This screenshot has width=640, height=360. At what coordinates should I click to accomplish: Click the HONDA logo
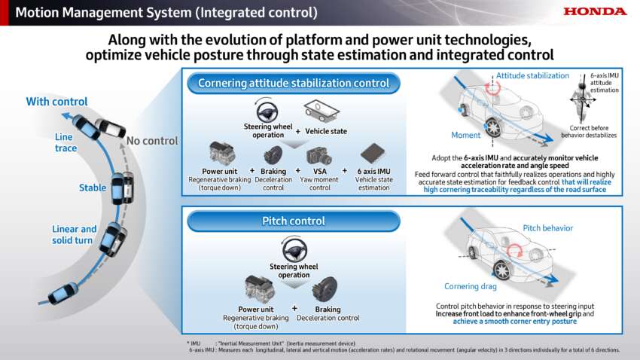pyautogui.click(x=595, y=11)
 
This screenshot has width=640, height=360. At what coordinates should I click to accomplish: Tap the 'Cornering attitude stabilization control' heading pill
pyautogui.click(x=294, y=83)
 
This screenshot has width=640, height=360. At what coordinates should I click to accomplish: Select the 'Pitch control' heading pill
pyautogui.click(x=294, y=221)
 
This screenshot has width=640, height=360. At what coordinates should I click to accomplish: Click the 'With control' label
pyautogui.click(x=56, y=102)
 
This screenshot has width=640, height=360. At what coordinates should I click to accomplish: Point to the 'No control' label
pyautogui.click(x=152, y=141)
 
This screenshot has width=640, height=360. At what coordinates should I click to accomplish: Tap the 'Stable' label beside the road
pyautogui.click(x=93, y=188)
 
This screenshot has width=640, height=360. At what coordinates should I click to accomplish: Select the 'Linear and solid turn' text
pyautogui.click(x=75, y=233)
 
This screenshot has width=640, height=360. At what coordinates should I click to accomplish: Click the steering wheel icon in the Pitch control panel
pyautogui.click(x=294, y=248)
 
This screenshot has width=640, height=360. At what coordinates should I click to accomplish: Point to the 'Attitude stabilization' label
pyautogui.click(x=532, y=75)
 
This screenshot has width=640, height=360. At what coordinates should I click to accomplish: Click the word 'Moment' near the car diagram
pyautogui.click(x=465, y=135)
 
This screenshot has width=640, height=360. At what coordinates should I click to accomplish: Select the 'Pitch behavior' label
pyautogui.click(x=547, y=227)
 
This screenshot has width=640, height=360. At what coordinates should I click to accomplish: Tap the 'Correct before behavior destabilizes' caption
pyautogui.click(x=589, y=132)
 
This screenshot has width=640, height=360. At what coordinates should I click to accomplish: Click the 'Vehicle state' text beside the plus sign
pyautogui.click(x=326, y=131)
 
